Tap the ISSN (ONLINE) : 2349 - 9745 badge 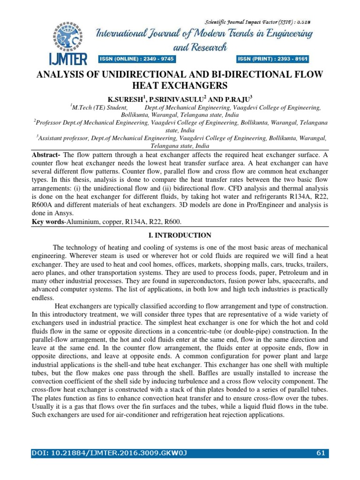(x=136, y=59)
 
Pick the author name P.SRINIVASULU (x=178, y=99)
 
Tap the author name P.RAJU (x=237, y=99)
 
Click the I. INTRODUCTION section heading (x=180, y=235)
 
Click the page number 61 (x=321, y=453)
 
